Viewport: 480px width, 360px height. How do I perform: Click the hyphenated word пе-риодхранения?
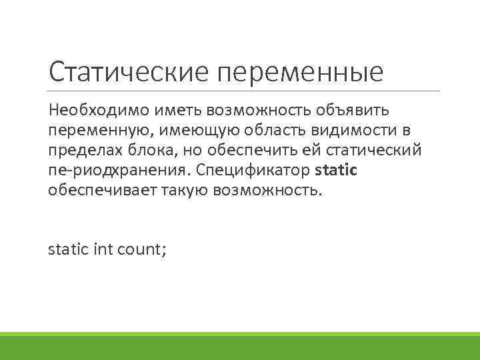tap(118, 171)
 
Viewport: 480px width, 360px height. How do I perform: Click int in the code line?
tap(103, 250)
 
